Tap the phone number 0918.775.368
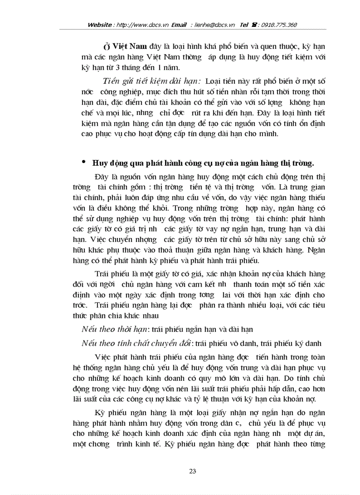279,25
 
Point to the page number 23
192,471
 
